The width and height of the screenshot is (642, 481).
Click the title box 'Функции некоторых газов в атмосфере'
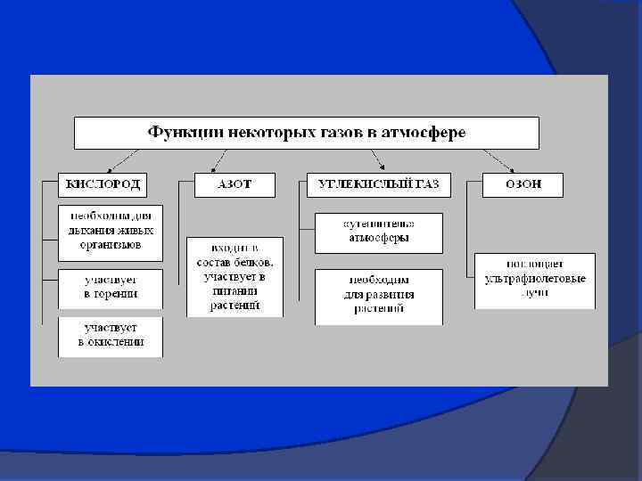(x=307, y=133)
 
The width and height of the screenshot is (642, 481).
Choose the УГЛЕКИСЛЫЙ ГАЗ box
(x=378, y=184)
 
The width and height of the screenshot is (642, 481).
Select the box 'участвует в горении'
(x=111, y=287)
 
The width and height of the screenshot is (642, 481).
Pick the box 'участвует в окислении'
(x=111, y=335)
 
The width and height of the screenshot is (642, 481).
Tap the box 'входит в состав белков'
(x=235, y=276)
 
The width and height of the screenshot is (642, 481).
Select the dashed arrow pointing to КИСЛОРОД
(x=121, y=160)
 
